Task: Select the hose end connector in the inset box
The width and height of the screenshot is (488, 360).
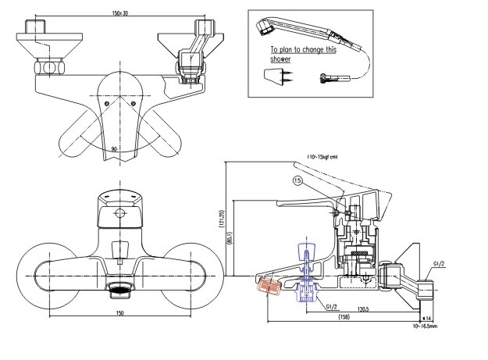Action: coord(326,77)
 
